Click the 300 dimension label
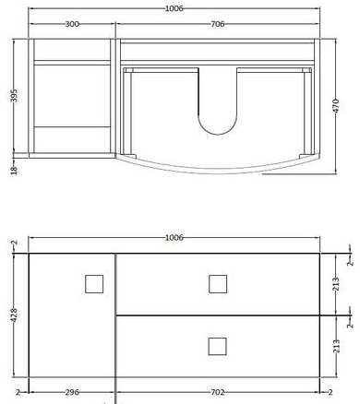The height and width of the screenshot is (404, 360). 71,26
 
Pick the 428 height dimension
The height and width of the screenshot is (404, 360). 13,315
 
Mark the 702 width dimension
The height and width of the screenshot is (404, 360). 218,392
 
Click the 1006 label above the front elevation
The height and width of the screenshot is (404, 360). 174,237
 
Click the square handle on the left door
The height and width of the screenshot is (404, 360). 94,284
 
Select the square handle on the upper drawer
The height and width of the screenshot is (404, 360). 218,283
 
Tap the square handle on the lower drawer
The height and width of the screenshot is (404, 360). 218,346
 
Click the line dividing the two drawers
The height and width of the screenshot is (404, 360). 218,315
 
